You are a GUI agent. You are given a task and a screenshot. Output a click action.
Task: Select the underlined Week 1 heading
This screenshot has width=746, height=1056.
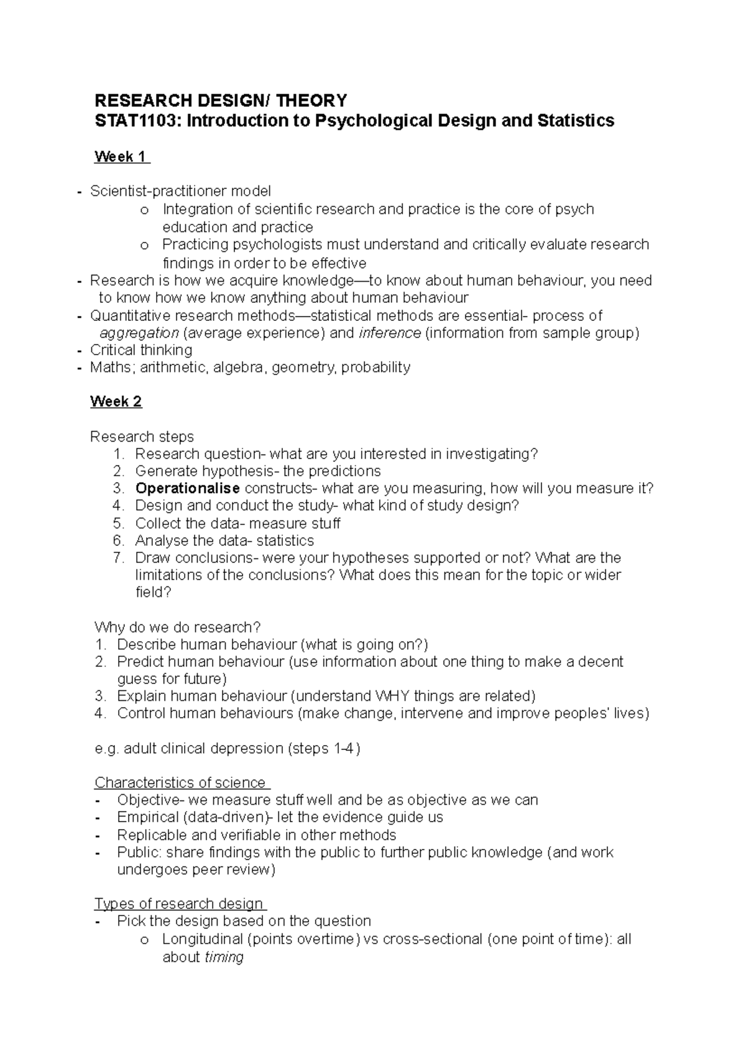122,157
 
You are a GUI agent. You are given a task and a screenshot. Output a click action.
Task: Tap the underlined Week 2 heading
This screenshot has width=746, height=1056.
116,402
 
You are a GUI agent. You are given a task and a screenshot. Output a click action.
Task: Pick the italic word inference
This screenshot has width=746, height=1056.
390,333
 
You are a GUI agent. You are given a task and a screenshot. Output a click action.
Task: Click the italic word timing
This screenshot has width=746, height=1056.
224,957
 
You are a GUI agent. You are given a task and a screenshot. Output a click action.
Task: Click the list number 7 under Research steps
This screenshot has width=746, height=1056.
119,558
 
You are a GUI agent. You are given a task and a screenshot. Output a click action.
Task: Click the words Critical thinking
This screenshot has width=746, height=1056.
141,350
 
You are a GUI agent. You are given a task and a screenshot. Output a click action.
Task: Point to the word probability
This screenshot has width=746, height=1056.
376,368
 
